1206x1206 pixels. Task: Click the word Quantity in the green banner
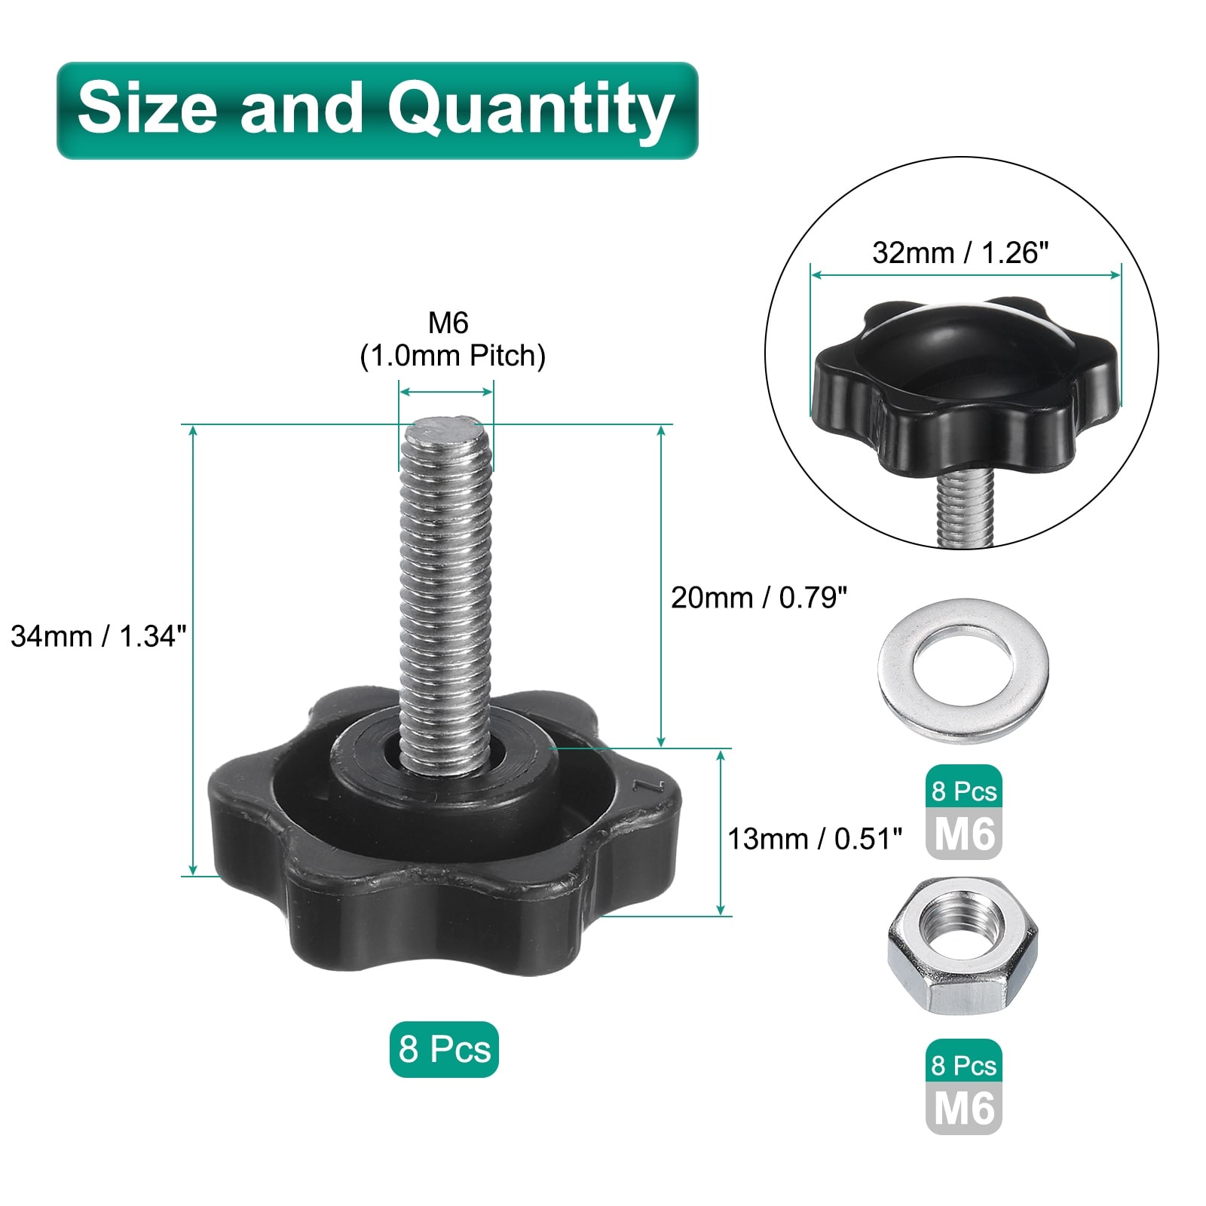click(x=531, y=111)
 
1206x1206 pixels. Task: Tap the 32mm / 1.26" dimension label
click(x=960, y=253)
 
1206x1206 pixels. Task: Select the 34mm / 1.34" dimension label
click(x=98, y=636)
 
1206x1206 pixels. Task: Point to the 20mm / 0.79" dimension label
click(x=759, y=598)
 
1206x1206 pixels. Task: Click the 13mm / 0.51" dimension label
click(x=815, y=839)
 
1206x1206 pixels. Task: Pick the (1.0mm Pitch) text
click(x=452, y=356)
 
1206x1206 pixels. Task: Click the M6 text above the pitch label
click(x=448, y=323)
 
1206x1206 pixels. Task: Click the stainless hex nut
click(x=963, y=945)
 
